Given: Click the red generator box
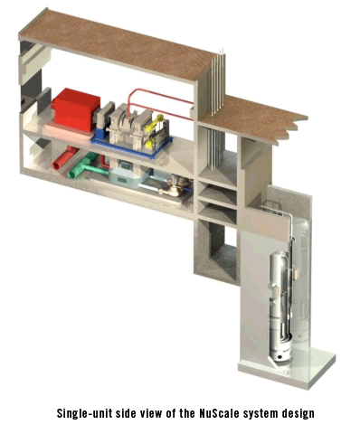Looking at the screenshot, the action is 76,109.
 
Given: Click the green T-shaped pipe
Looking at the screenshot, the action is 85,165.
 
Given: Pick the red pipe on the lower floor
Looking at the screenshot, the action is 65,158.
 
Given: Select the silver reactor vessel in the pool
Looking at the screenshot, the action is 281,305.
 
